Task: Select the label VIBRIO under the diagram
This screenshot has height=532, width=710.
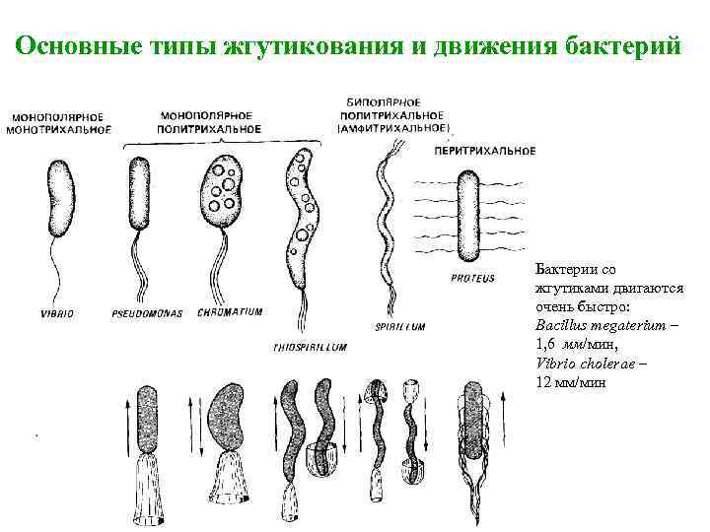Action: pyautogui.click(x=57, y=313)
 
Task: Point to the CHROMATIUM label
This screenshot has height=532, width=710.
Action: pyautogui.click(x=230, y=311)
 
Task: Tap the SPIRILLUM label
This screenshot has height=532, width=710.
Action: pyautogui.click(x=400, y=325)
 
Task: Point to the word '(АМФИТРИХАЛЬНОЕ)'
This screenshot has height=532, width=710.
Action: pyautogui.click(x=393, y=128)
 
